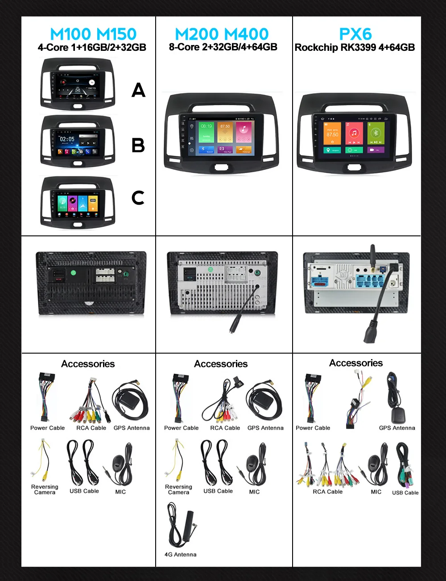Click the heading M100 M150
pos(93,34)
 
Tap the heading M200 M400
pos(222,34)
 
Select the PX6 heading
pos(355,34)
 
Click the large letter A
pos(138,91)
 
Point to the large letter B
pos(138,145)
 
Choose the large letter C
pos(138,198)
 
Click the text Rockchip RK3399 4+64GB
pos(355,47)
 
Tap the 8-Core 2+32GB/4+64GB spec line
pos(223,47)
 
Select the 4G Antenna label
pos(180,554)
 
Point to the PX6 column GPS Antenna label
pos(397,428)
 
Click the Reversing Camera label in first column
pos(45,490)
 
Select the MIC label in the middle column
pos(254,492)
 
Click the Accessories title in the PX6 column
pos(356,363)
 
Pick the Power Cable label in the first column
pos(47,428)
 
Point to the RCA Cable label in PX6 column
pos(328,492)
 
